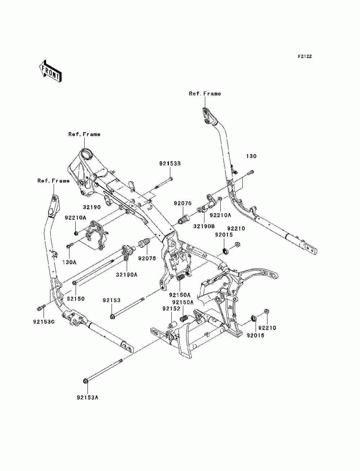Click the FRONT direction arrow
coord(50,71)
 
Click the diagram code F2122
coord(305,57)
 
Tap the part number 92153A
coord(87,398)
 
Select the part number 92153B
coord(170,163)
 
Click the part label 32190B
coord(204,226)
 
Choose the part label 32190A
coord(127,275)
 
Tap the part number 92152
coord(171,309)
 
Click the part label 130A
coord(69,262)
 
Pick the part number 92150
coord(76,299)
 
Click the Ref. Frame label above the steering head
coord(84,134)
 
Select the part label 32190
coord(92,207)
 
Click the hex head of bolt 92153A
coord(85,381)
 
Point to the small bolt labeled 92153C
coord(41,308)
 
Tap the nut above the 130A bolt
coord(76,233)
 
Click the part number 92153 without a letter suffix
coord(111,300)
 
